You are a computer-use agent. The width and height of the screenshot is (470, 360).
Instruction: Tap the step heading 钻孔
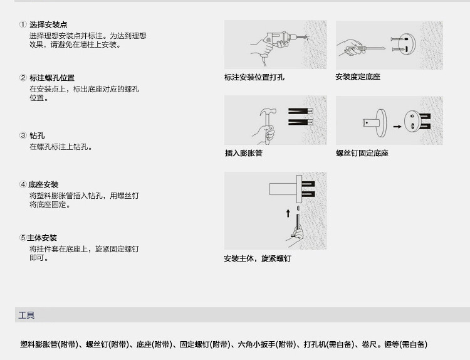pos(37,135)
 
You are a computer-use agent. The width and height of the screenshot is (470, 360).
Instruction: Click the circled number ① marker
pos(23,24)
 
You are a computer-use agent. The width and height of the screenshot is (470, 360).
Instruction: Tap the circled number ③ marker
pos(23,135)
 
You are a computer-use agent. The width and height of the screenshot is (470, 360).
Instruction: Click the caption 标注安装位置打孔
pos(254,77)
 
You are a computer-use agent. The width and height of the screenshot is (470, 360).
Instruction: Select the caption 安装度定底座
pos(358,77)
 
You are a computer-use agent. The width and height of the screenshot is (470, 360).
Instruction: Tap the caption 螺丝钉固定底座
pos(362,153)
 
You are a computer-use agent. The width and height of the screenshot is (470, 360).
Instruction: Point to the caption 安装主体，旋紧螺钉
pos(258,259)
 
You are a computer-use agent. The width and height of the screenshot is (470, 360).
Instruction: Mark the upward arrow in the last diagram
pos(289,214)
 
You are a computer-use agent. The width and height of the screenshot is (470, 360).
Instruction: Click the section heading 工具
pos(27,315)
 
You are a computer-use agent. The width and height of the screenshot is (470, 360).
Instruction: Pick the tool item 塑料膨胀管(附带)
pos(50,344)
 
